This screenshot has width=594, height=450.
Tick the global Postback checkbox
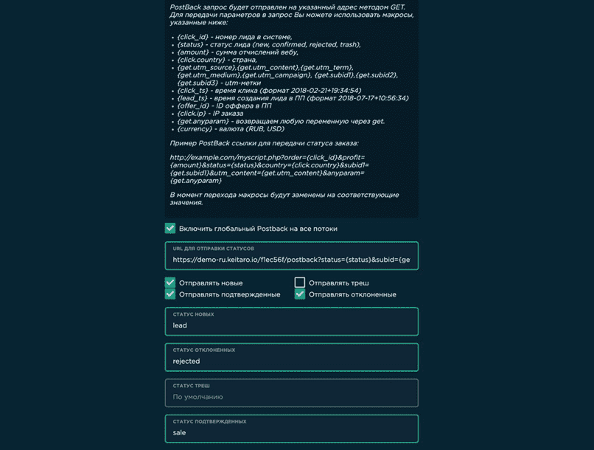click(x=170, y=229)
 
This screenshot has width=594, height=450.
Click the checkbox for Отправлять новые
click(x=170, y=283)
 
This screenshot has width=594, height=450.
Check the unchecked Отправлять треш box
click(x=300, y=283)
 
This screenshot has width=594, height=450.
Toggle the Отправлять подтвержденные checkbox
click(x=170, y=294)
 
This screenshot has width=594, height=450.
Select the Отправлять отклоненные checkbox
click(x=300, y=294)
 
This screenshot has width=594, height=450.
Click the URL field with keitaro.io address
click(x=291, y=260)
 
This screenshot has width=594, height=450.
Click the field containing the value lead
click(x=291, y=325)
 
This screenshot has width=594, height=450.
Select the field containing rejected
click(x=291, y=361)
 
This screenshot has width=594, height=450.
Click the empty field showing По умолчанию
click(x=291, y=397)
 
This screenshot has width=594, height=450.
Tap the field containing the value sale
click(x=291, y=432)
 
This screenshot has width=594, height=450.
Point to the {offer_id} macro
click(x=192, y=106)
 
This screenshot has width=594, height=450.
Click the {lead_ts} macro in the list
click(x=192, y=98)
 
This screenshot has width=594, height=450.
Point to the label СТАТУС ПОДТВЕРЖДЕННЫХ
click(x=209, y=421)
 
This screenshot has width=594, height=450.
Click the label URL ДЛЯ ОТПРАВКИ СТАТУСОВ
click(x=213, y=249)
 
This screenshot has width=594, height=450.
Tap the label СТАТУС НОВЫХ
click(x=193, y=314)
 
